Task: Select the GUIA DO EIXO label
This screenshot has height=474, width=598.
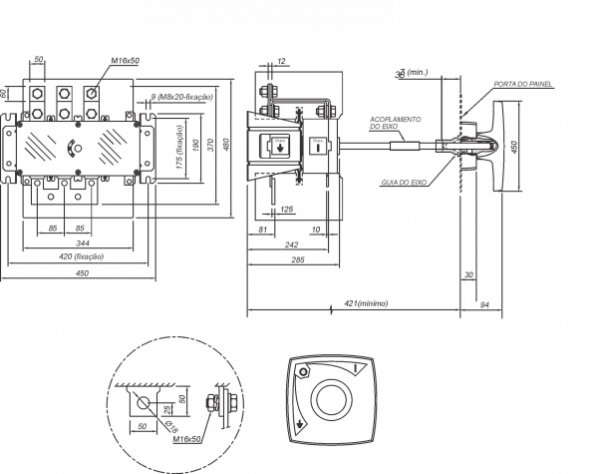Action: (x=404, y=183)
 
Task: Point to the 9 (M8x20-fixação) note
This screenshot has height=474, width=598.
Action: (x=181, y=97)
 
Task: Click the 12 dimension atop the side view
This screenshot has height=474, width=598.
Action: (x=281, y=62)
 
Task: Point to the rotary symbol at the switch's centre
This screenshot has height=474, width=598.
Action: (x=70, y=149)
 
